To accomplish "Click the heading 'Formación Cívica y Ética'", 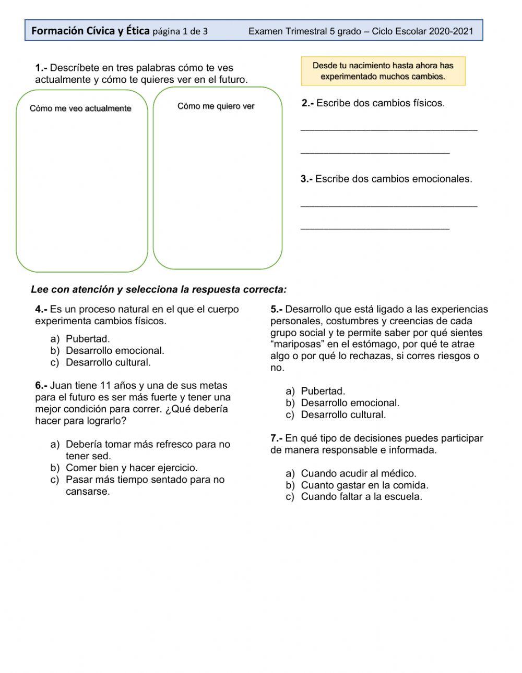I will (90, 31).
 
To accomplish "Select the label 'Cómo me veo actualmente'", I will (80, 108).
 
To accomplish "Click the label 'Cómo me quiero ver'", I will (216, 106).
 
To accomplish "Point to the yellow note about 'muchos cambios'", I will (383, 71).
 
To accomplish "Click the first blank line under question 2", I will (389, 128).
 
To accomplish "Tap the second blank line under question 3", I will (375, 227).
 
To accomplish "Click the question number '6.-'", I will (41, 386).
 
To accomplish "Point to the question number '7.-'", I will (277, 438).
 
